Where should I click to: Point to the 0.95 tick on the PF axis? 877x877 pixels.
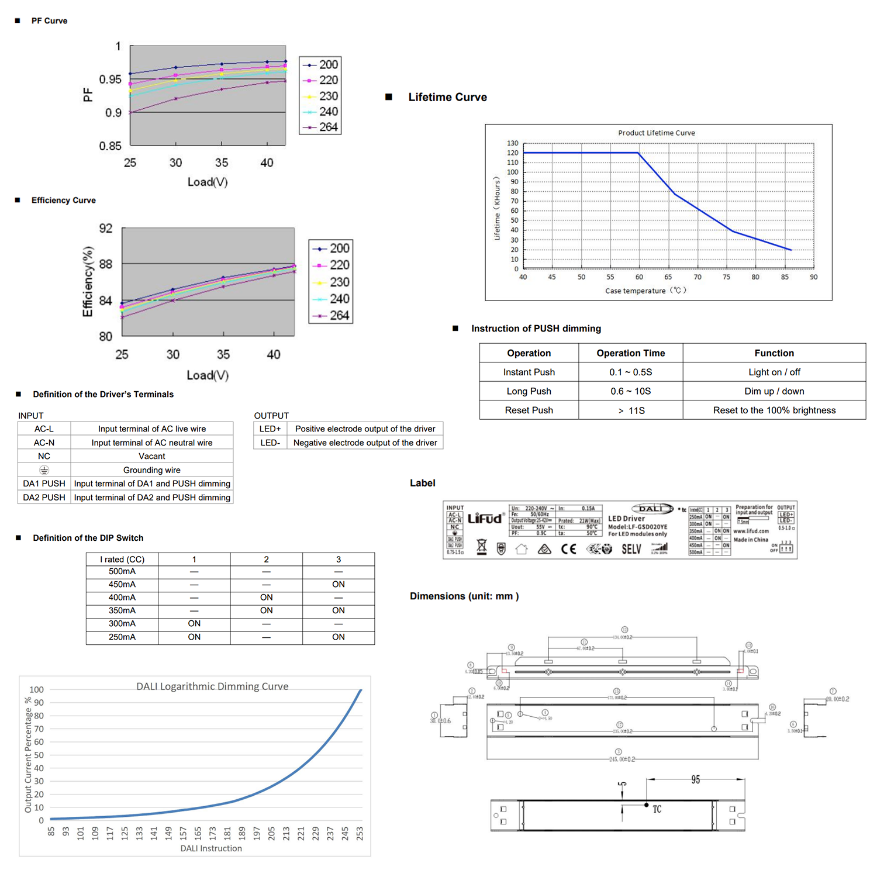tap(110, 79)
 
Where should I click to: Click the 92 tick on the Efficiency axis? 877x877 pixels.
tap(105, 228)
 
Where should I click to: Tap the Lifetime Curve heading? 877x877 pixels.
tap(447, 97)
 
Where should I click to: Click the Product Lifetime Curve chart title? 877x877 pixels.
tap(657, 133)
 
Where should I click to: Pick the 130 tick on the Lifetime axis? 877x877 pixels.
tap(512, 143)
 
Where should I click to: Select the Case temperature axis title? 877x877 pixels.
tap(645, 291)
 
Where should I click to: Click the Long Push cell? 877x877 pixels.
tap(529, 391)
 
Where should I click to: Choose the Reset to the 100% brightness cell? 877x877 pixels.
tap(774, 410)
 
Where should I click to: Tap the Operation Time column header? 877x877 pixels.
tap(630, 353)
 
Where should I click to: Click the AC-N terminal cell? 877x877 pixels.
tap(44, 443)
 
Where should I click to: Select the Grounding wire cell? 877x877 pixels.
tap(151, 470)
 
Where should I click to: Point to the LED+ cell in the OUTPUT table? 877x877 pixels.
tap(270, 429)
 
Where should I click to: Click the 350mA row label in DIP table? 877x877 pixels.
tap(122, 610)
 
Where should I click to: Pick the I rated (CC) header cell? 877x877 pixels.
tap(122, 560)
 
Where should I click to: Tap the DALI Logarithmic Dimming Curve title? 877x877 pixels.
tap(212, 686)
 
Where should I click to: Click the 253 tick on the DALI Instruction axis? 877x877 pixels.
tap(360, 833)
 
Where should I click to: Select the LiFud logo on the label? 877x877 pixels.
tap(485, 519)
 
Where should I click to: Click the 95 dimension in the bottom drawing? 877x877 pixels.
tap(695, 780)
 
